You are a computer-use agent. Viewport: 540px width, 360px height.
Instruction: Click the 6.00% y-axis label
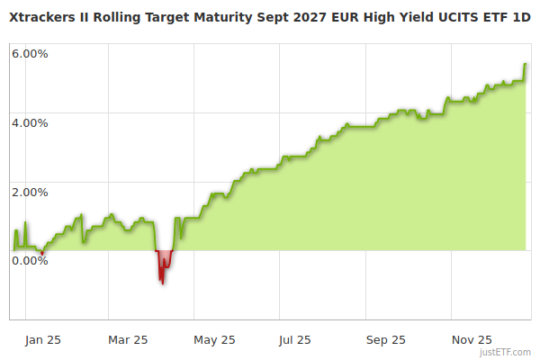click(x=30, y=53)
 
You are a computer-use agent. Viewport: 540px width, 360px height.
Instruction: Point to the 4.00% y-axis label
click(x=30, y=122)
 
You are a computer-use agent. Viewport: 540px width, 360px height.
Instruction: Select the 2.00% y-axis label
click(x=30, y=192)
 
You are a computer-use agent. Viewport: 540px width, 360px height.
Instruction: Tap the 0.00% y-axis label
click(x=30, y=261)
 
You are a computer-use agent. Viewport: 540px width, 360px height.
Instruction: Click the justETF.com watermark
click(x=507, y=352)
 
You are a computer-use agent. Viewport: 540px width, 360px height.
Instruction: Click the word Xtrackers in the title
click(x=43, y=17)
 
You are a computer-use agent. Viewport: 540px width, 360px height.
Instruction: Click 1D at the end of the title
click(x=520, y=17)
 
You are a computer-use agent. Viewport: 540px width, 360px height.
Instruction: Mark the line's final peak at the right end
click(x=526, y=65)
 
